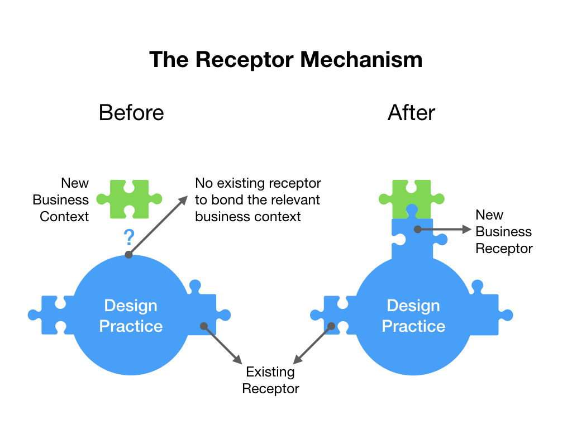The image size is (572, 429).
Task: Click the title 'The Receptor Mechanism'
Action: tap(285, 59)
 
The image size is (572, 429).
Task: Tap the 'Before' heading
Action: tap(131, 112)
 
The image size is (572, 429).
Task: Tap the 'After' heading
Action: tap(411, 112)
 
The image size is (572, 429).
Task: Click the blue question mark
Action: tap(129, 238)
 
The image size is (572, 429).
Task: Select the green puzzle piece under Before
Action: tap(130, 199)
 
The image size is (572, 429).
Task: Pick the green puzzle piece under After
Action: tap(412, 197)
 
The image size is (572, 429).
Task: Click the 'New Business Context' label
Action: tap(61, 199)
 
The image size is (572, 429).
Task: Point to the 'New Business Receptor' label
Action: tap(503, 231)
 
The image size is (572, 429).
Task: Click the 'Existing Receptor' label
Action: tap(270, 380)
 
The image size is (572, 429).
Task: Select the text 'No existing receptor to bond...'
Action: tap(258, 199)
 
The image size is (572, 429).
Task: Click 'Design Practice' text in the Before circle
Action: tap(131, 316)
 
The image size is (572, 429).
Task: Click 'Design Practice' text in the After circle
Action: tap(413, 316)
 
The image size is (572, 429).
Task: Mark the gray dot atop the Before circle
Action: tap(128, 255)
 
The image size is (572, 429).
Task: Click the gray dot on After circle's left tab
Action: tap(331, 326)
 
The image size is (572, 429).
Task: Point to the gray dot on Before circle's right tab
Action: tap(204, 326)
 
